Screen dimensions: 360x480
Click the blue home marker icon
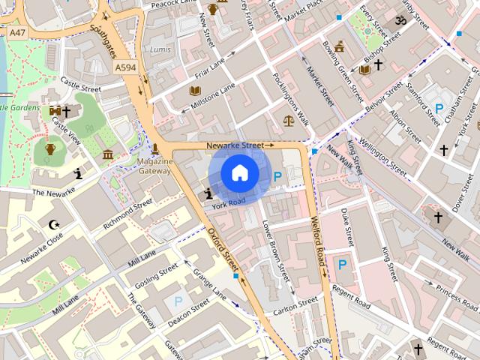(x=240, y=174)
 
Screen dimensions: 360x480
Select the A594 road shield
(x=125, y=67)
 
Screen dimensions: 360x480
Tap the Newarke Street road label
(x=241, y=145)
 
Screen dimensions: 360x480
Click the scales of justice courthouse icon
(x=289, y=120)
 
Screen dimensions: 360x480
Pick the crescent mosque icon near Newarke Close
(x=53, y=223)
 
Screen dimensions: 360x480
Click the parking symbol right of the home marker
(x=277, y=177)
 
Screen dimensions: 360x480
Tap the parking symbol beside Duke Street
(x=342, y=264)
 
